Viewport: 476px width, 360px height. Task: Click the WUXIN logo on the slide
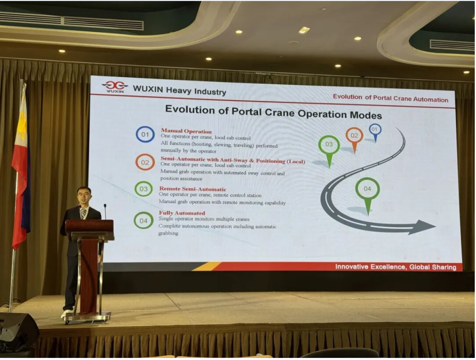click(x=115, y=86)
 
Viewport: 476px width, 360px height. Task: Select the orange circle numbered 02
click(x=136, y=162)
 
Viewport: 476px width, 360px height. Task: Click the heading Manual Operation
click(x=186, y=131)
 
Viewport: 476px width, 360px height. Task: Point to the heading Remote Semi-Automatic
click(x=192, y=189)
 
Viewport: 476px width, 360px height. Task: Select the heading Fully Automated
click(x=182, y=213)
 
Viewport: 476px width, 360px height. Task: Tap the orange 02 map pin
click(x=354, y=139)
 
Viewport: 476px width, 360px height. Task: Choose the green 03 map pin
click(x=329, y=150)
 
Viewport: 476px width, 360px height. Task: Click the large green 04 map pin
click(x=367, y=194)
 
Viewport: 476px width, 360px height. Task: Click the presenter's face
click(x=84, y=197)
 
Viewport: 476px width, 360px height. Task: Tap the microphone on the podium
click(x=105, y=211)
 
